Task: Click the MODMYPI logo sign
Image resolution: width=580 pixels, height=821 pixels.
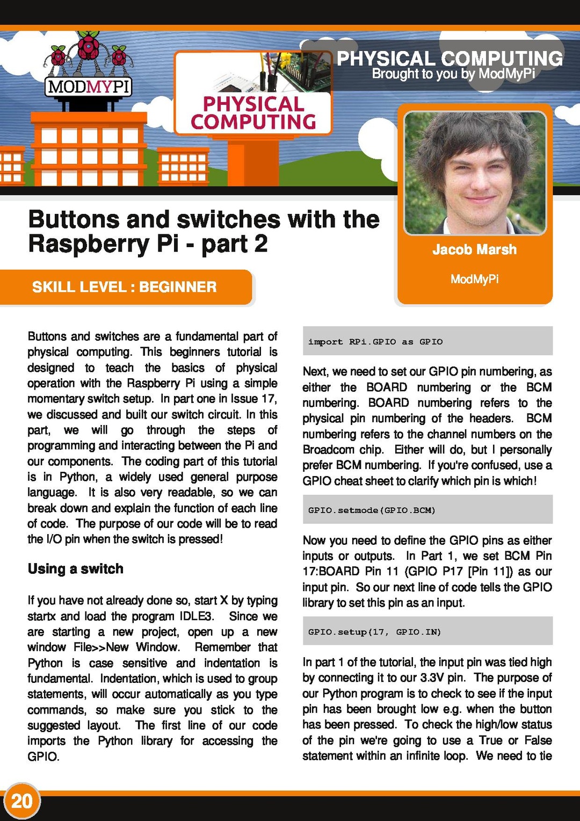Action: click(x=89, y=87)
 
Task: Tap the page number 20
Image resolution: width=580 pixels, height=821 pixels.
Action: click(x=22, y=801)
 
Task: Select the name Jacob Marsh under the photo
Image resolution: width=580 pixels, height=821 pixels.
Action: click(x=474, y=249)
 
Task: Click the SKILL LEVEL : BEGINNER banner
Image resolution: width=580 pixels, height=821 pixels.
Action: click(x=125, y=287)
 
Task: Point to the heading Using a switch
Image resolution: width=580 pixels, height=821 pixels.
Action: click(x=76, y=568)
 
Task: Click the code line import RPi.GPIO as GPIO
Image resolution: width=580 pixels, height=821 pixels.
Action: click(x=375, y=342)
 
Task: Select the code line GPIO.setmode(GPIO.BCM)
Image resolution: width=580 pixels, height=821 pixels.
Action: click(x=372, y=510)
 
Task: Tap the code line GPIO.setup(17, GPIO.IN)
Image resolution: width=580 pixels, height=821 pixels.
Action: click(x=374, y=632)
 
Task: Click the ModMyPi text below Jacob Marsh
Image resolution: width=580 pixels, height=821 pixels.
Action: click(x=474, y=279)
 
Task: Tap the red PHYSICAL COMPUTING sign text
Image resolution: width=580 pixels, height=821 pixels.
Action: click(x=253, y=113)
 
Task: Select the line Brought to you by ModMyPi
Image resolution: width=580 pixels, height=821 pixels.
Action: click(x=453, y=74)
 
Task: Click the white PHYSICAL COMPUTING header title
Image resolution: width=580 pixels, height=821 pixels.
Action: click(x=450, y=58)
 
